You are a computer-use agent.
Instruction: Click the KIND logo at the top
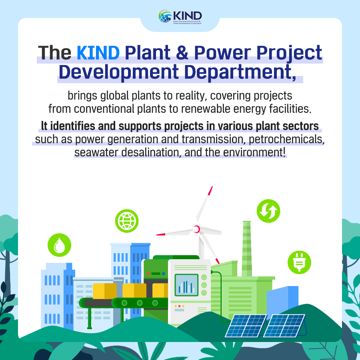[x=180, y=16]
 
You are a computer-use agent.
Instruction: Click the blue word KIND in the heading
[x=98, y=52]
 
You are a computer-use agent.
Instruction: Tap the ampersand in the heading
[x=182, y=52]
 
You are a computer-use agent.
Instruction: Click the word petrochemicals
[x=287, y=139]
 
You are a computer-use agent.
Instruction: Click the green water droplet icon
[x=60, y=245]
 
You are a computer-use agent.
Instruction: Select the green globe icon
[x=127, y=221]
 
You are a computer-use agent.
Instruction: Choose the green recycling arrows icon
[x=268, y=211]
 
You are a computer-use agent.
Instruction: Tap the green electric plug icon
[x=299, y=262]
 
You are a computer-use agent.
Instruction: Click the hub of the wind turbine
[x=196, y=229]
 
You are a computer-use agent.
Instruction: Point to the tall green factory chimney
[x=247, y=249]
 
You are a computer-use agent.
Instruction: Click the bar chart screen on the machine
[x=186, y=285]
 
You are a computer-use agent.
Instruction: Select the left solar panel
[x=246, y=326]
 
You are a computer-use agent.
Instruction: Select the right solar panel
[x=284, y=326]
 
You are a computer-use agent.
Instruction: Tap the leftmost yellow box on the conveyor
[x=105, y=291]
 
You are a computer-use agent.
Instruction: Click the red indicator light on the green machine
[x=148, y=274]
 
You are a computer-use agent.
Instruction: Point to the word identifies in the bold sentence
[x=72, y=126]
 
